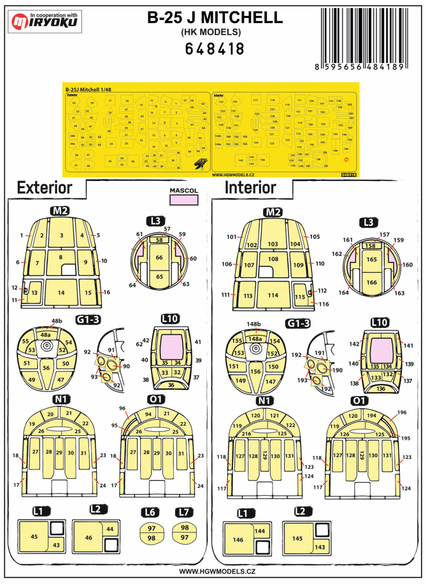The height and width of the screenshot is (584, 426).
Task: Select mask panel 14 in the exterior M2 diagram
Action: tap(61, 292)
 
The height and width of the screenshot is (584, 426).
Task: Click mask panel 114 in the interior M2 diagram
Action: tap(274, 296)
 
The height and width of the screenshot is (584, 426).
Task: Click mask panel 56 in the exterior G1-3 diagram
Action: tap(46, 368)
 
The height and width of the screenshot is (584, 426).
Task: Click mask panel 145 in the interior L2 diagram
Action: tap(297, 539)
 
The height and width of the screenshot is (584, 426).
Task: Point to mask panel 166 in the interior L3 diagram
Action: tap(371, 282)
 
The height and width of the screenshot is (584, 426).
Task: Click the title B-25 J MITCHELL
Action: tap(215, 19)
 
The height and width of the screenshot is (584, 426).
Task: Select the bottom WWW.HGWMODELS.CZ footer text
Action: tap(213, 572)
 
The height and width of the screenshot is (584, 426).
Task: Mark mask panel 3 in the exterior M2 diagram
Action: tap(61, 235)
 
